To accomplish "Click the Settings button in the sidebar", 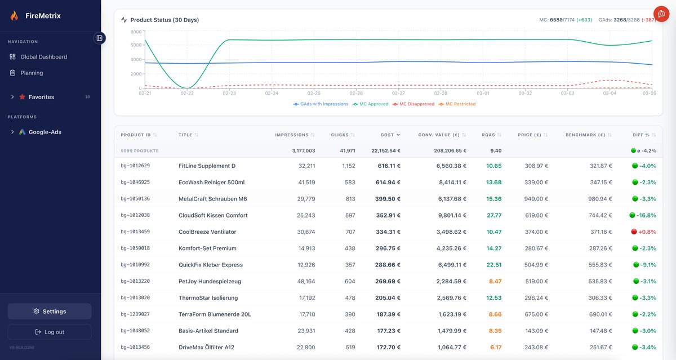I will [50, 312].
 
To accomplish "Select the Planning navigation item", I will [32, 73].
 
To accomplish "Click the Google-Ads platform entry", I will [45, 132].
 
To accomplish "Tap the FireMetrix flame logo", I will [14, 16].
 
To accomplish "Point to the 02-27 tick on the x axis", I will [398, 94].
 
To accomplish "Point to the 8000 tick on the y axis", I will [136, 32].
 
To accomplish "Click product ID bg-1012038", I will [135, 215].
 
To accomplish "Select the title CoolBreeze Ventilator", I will [207, 232].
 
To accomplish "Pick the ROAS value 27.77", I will [494, 215].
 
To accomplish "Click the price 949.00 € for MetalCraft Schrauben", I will [536, 199].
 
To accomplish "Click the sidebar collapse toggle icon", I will [99, 38].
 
